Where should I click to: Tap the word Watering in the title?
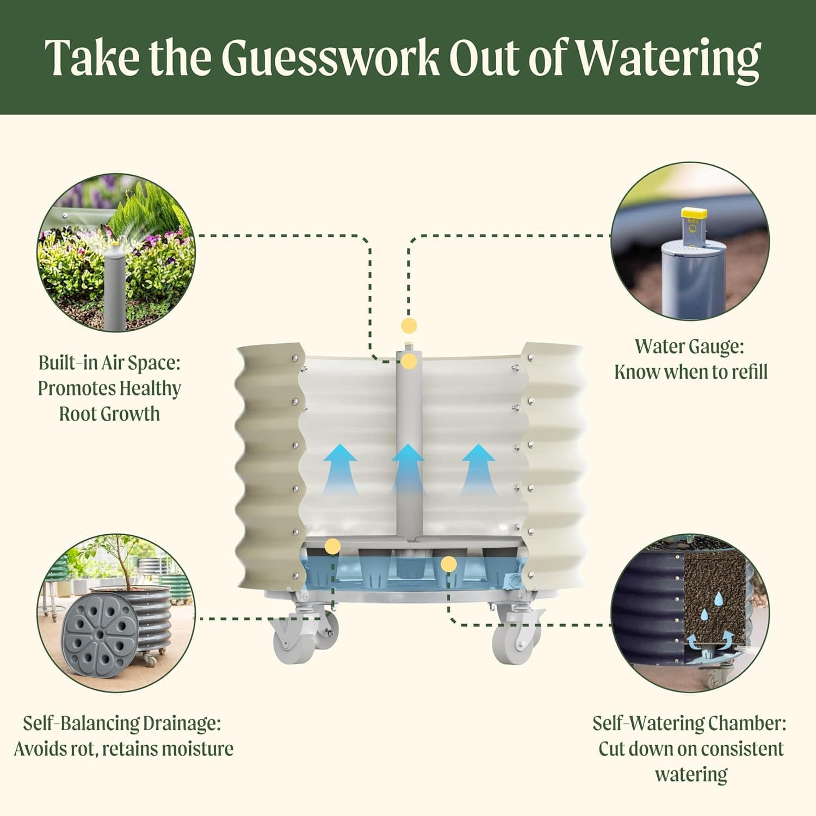668,58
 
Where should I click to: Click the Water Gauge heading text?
689,347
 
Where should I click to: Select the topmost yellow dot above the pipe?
409,326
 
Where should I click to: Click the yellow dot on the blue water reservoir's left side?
332,546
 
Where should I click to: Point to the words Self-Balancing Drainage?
122,724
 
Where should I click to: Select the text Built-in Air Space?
109,363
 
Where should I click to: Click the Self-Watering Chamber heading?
689,724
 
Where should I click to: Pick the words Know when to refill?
691,373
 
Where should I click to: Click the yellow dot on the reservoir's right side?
448,564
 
